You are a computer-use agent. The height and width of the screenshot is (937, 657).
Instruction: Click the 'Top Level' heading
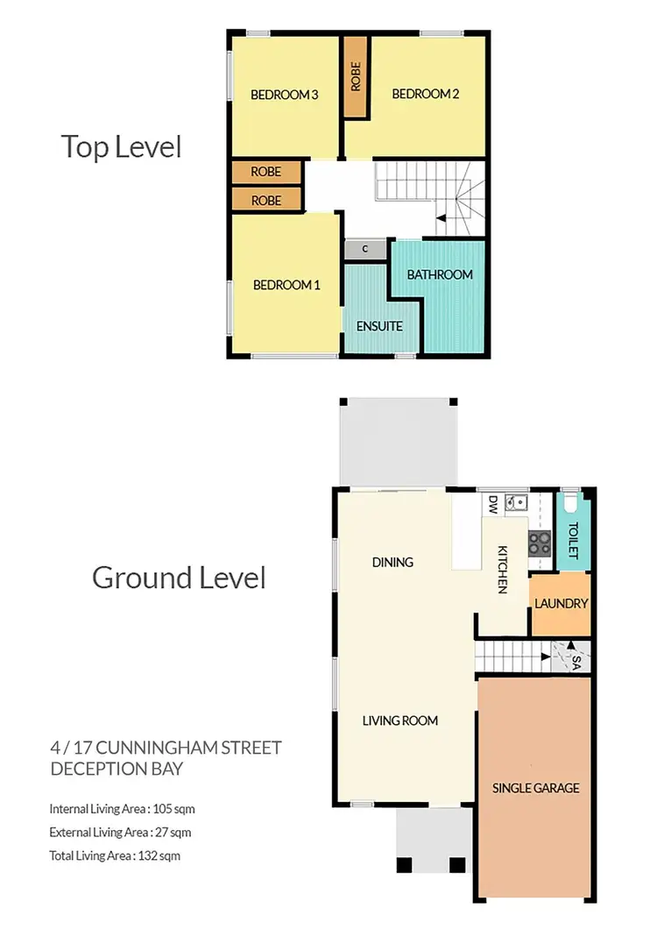(x=121, y=146)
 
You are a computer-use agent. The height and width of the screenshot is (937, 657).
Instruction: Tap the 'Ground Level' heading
(x=179, y=578)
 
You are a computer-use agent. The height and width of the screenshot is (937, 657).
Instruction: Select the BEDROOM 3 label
(x=284, y=95)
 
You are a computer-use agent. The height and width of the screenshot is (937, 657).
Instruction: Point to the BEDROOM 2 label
(x=425, y=94)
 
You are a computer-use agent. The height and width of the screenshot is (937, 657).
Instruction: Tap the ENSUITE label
(x=379, y=326)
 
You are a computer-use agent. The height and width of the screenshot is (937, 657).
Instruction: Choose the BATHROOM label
(x=440, y=274)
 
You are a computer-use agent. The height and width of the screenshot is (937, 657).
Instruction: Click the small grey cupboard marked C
(x=365, y=250)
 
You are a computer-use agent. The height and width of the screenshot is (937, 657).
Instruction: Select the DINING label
(x=392, y=562)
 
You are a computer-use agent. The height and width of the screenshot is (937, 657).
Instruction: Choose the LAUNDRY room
(x=561, y=604)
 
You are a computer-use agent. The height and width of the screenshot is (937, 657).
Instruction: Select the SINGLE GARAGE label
(x=535, y=788)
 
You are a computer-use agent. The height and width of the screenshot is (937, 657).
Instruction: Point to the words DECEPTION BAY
(x=117, y=769)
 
